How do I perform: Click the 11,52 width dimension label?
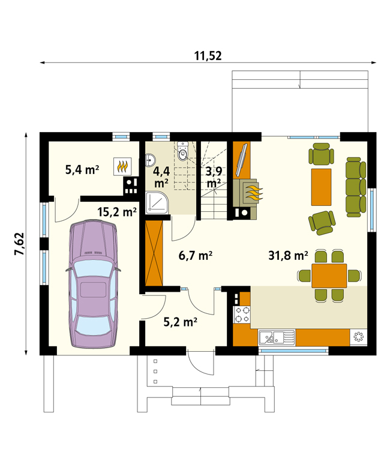pos(208,56)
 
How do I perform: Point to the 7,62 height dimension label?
pos(20,244)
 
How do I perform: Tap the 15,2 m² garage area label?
pos(117,212)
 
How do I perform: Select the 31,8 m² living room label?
pos(288,256)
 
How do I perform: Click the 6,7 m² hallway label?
pos(196,256)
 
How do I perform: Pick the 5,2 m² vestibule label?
pos(180,322)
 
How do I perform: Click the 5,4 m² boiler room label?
pos(82,170)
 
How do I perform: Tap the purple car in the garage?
pos(93,284)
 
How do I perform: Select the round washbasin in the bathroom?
pos(151,160)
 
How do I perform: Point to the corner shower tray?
pos(158,202)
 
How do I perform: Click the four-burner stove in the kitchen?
pos(242,315)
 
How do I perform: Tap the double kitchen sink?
pos(277,337)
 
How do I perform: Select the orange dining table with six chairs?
pos(329,276)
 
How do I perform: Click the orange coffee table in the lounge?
pos(321,187)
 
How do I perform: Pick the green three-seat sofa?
pos(356,187)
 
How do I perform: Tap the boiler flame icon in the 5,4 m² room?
pos(122,167)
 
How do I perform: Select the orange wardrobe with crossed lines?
pos(154,253)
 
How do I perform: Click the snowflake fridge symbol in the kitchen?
pos(359,337)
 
